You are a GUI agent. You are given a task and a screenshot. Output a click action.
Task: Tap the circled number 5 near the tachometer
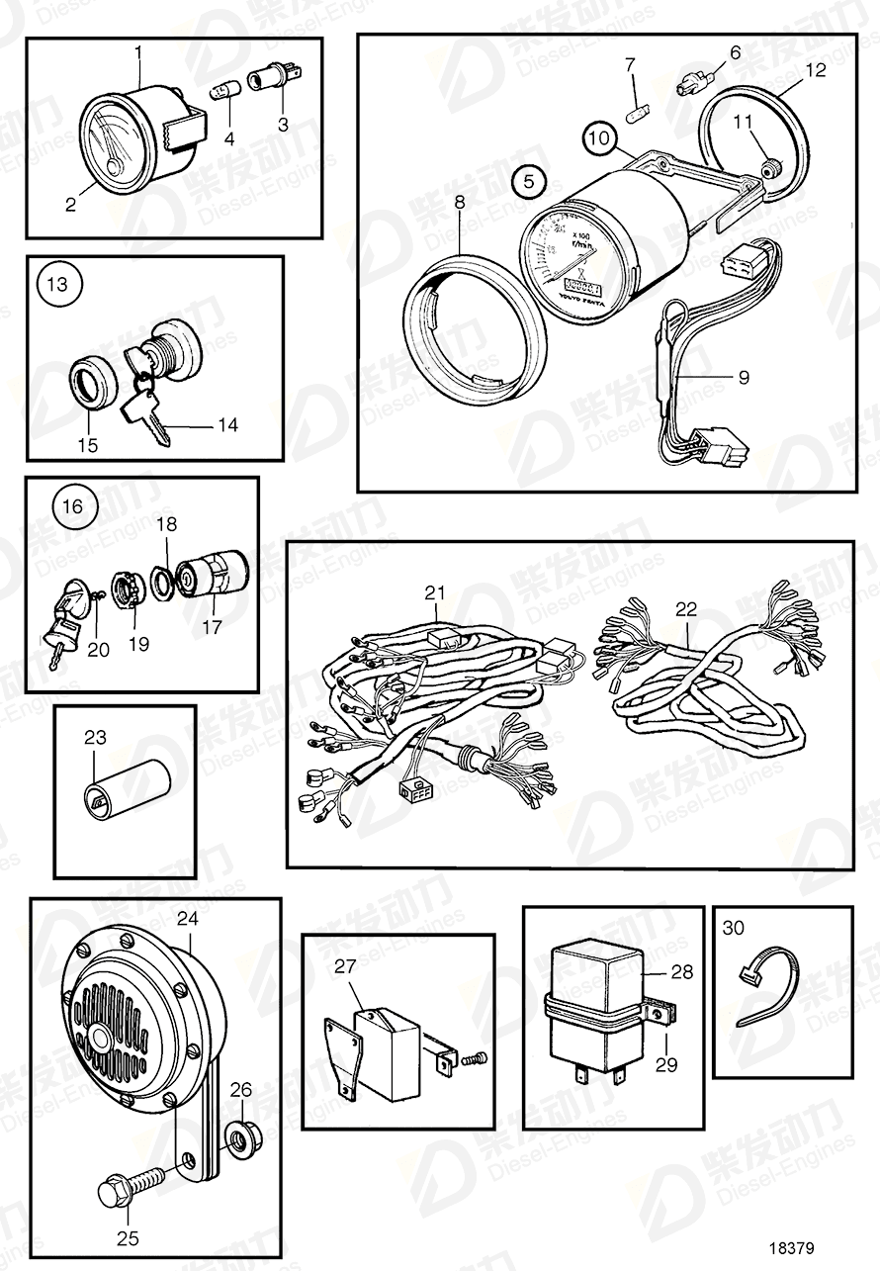tap(528, 182)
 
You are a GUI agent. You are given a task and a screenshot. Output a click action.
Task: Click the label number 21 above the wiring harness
tap(436, 593)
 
